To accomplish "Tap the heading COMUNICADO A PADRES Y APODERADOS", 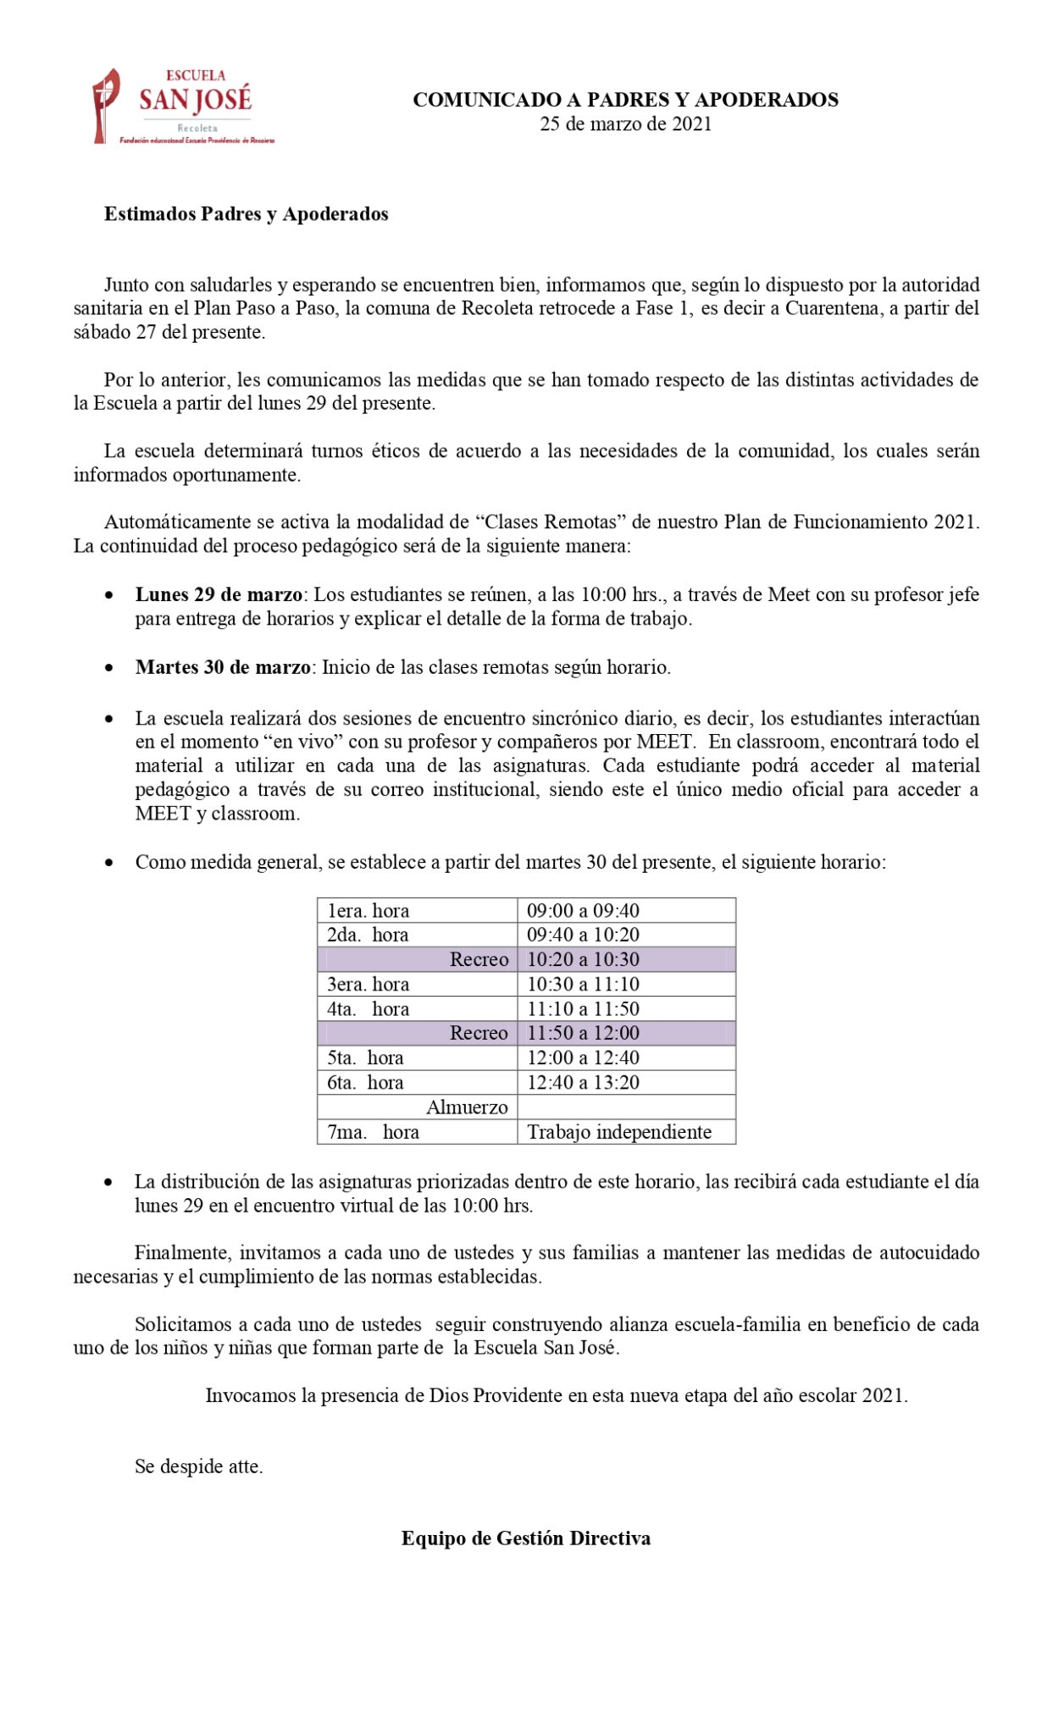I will [x=625, y=100].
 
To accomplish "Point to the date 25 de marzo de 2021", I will [x=625, y=124].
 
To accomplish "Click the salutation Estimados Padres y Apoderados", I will [x=246, y=214].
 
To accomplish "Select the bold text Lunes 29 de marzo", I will [x=219, y=594].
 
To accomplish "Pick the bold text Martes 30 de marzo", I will [x=223, y=667].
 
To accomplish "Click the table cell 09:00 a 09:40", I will [x=583, y=911].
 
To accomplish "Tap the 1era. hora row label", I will [x=369, y=911].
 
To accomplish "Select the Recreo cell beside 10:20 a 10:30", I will [x=479, y=959].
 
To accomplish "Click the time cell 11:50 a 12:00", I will [x=583, y=1033].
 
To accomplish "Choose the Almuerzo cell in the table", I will [x=467, y=1107].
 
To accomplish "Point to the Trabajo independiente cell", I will [x=619, y=1132].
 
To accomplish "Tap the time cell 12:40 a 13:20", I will [x=583, y=1082].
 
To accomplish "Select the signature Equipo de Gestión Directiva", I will [x=525, y=1538].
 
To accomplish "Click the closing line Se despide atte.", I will [x=199, y=1466].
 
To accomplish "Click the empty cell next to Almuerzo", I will [x=625, y=1107].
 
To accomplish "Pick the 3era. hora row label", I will [x=369, y=985].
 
